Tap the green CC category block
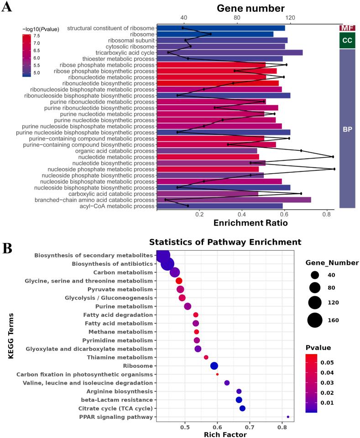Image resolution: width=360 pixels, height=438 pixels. click(x=347, y=41)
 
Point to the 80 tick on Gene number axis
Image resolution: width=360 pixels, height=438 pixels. click(x=237, y=17)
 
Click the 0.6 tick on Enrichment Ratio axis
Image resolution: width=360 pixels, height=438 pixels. click(x=284, y=214)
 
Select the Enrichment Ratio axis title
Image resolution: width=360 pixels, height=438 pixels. click(x=250, y=223)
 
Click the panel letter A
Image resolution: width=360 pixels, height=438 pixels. click(x=6, y=8)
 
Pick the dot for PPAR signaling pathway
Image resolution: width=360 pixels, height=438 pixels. click(x=288, y=417)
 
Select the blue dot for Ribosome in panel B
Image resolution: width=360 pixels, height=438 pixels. click(x=214, y=366)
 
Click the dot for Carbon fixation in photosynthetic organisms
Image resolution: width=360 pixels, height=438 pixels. click(x=217, y=374)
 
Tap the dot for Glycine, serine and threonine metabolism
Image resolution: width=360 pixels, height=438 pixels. click(x=179, y=281)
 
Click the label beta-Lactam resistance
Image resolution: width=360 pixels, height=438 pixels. click(x=120, y=400)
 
